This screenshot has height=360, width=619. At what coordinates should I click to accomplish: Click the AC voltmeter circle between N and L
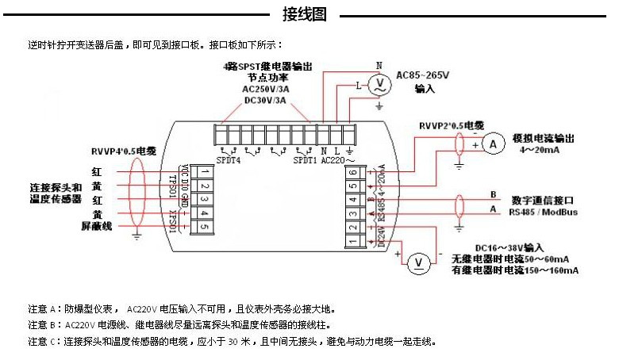(x=379, y=82)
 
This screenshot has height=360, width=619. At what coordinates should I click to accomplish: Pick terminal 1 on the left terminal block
(x=204, y=171)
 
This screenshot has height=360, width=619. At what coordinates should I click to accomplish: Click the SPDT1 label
(x=305, y=160)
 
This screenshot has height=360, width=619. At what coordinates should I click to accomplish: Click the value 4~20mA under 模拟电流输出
(x=540, y=150)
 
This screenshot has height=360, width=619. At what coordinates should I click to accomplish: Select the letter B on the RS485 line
(x=493, y=194)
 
